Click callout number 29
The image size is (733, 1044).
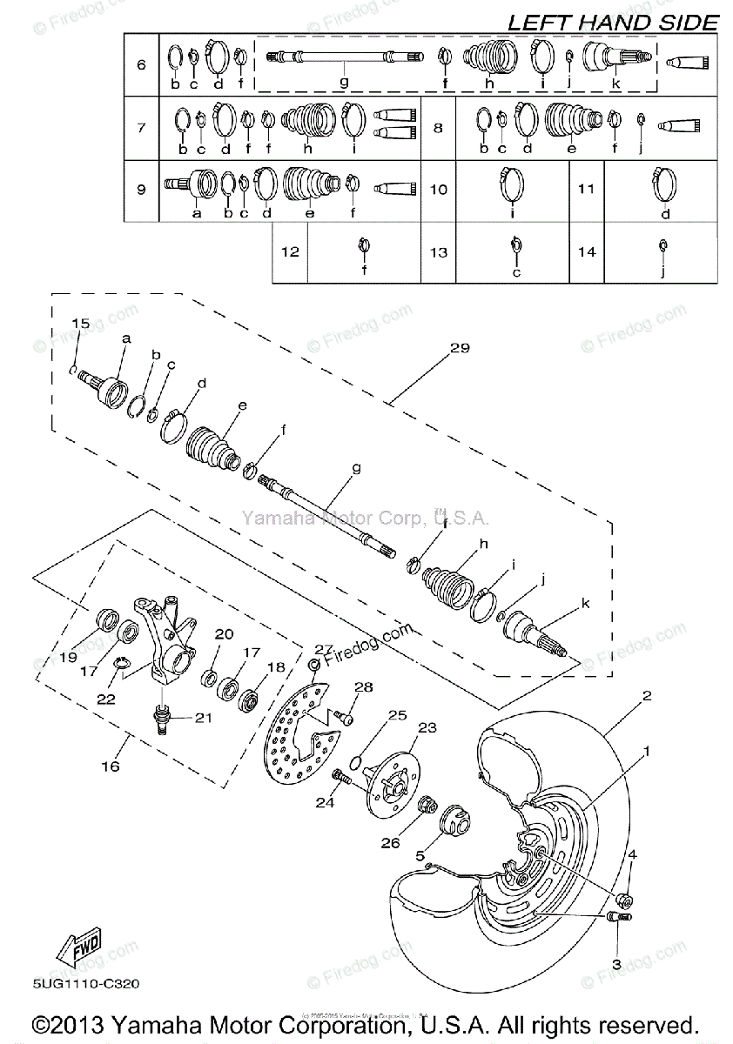coord(459,348)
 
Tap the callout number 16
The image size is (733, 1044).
coord(111,766)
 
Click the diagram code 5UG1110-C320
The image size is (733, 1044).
coord(84,984)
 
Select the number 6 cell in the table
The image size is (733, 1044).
coord(142,64)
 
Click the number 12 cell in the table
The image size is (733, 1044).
coord(290,251)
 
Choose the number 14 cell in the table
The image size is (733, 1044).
coord(588,251)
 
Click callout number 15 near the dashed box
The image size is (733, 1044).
coord(80,324)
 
